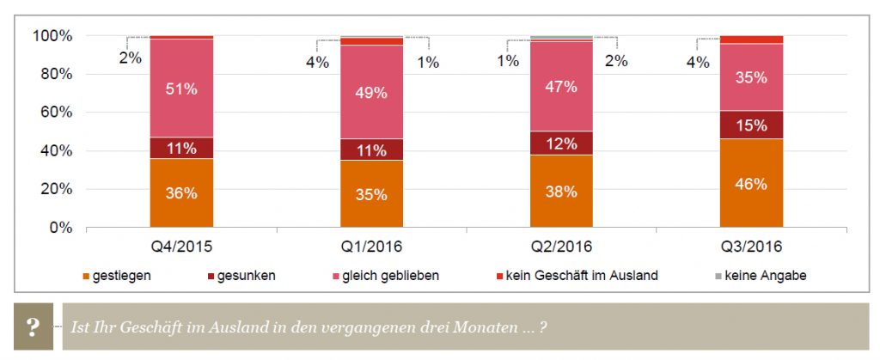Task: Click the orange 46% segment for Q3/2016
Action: pos(751,183)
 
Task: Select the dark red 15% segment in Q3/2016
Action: pos(751,125)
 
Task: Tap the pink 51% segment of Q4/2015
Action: pos(181,88)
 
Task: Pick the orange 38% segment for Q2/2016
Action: pos(561,191)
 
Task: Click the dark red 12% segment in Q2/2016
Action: pos(561,143)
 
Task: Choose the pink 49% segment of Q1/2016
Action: pos(371,92)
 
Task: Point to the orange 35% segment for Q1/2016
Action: pos(371,193)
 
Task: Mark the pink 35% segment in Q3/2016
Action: pos(751,76)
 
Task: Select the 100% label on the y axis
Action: pos(52,36)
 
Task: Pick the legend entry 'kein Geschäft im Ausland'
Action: pos(581,276)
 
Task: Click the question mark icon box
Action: pos(33,326)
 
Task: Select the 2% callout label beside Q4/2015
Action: pos(131,58)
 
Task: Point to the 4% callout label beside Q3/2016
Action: pos(698,62)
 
